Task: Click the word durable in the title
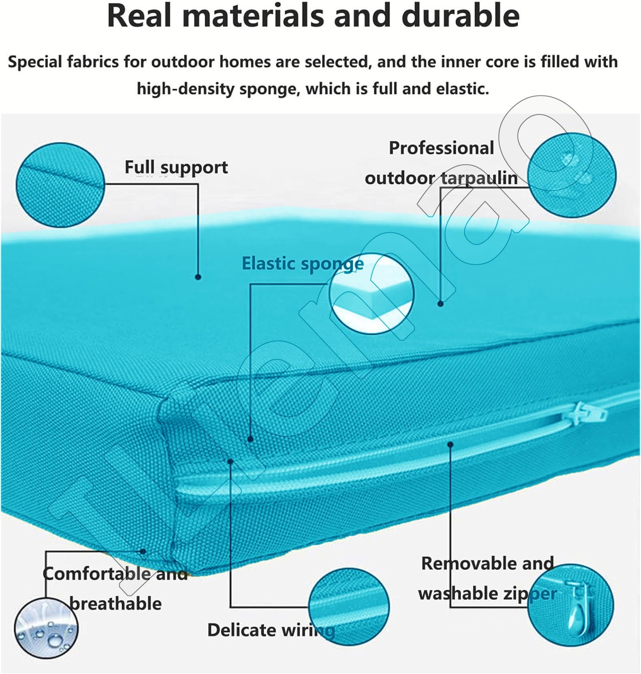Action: click(460, 16)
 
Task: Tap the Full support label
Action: click(176, 167)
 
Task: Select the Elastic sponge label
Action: click(302, 264)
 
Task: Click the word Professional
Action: click(441, 148)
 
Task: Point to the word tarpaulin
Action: click(479, 178)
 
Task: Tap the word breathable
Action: click(116, 604)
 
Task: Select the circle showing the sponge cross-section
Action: click(372, 294)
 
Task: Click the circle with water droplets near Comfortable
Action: click(46, 628)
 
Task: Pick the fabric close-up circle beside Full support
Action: click(60, 185)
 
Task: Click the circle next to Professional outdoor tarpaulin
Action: click(572, 175)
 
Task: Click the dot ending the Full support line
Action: click(198, 277)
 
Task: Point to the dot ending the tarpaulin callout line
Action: click(441, 304)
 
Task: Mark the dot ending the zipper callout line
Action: click(450, 445)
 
